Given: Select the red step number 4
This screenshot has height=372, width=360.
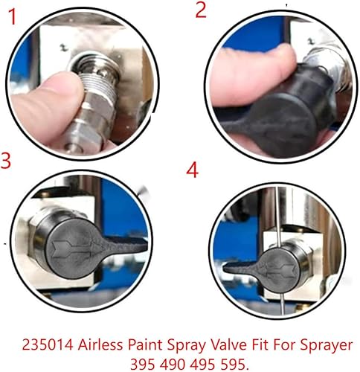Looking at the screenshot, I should [x=193, y=170].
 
